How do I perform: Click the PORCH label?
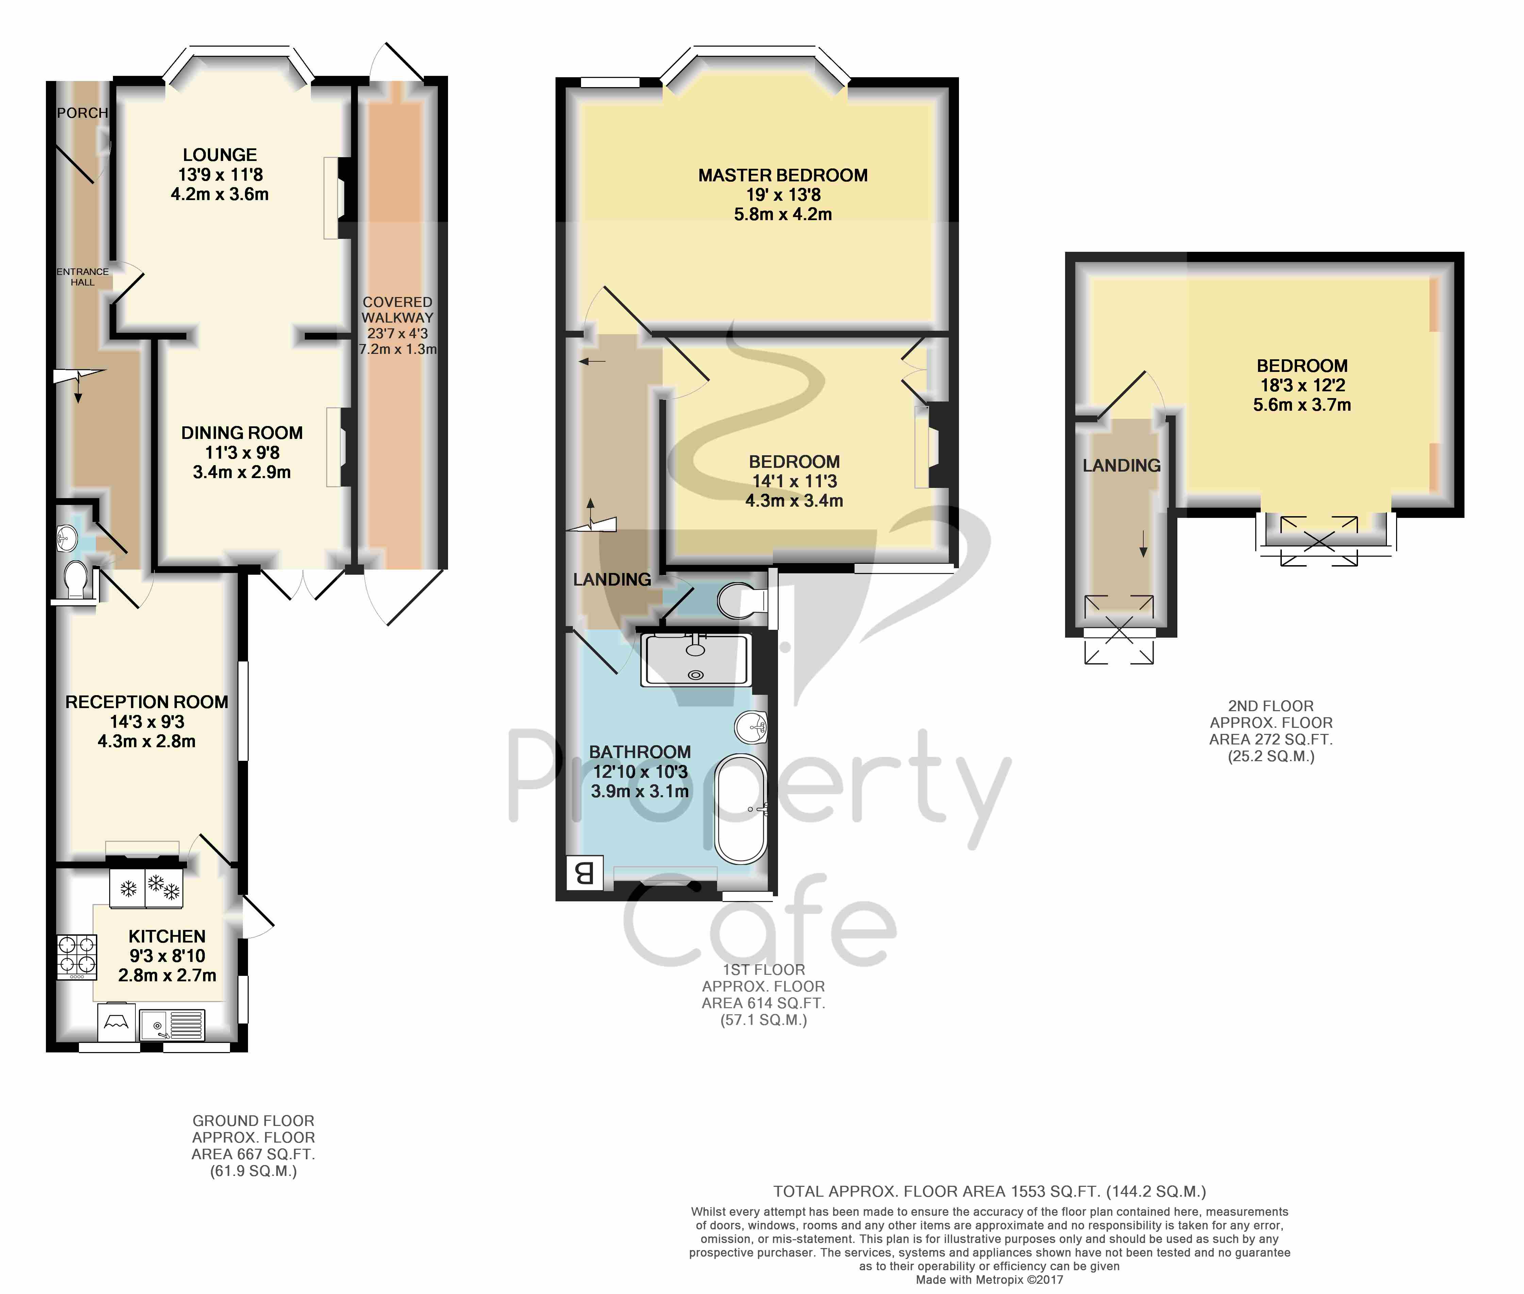[x=82, y=113]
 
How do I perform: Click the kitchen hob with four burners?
[x=77, y=956]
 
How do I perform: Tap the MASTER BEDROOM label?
[x=782, y=175]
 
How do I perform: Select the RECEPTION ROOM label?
[x=147, y=702]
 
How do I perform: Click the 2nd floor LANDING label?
[x=1121, y=465]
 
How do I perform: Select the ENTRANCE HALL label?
[x=82, y=277]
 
